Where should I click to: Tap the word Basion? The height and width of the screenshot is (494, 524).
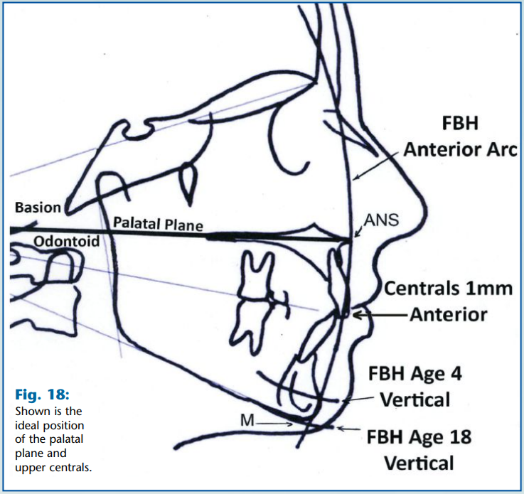tap(37, 208)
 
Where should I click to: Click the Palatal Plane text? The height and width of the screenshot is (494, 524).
tap(158, 225)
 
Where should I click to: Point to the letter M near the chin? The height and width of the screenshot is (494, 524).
tap(246, 422)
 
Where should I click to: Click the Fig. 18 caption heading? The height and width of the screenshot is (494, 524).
tap(42, 394)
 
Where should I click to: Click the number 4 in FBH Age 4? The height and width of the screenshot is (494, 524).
tap(456, 372)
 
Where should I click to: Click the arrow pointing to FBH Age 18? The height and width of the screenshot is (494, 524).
tap(347, 429)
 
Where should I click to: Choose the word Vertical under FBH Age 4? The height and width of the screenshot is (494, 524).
tap(415, 399)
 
